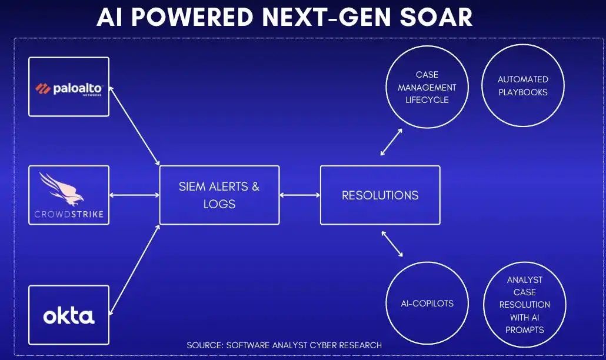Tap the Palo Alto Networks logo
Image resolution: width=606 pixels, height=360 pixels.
pos(69,89)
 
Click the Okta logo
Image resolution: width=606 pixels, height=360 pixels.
pos(69,316)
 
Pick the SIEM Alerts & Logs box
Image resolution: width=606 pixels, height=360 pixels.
pos(219,195)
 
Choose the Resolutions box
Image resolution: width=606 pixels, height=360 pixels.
pos(380,195)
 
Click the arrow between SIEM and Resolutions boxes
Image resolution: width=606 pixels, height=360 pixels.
pos(300,195)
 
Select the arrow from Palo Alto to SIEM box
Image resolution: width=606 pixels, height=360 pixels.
pos(135,126)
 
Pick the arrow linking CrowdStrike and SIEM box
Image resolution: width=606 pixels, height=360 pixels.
pos(135,195)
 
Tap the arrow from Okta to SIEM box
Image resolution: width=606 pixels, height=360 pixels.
pos(135,270)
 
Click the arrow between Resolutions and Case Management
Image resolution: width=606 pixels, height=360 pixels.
pos(391,142)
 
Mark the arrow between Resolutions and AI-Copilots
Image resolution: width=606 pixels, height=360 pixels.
pos(392,244)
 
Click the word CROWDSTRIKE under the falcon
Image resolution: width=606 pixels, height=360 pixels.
pos(69,214)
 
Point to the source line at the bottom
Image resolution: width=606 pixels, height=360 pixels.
pos(284,345)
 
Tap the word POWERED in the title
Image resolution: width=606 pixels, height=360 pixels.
pos(192,17)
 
